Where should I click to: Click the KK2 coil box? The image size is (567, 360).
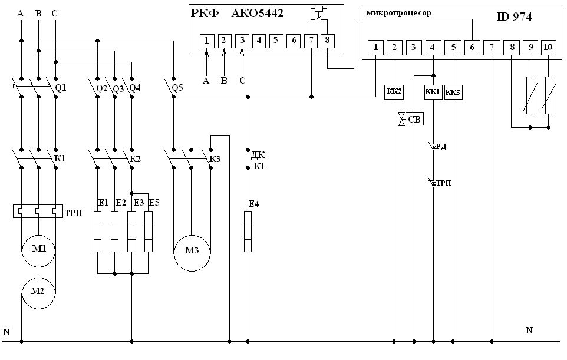[x=394, y=91]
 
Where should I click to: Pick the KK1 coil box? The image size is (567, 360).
[x=433, y=92]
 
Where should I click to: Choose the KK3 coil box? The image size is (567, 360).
[x=453, y=92]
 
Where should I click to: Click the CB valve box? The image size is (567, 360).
[x=414, y=119]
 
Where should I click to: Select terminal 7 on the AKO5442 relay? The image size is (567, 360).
[x=311, y=41]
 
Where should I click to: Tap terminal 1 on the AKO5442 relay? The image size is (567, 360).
[x=207, y=41]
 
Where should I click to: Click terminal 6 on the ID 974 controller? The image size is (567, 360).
[x=472, y=47]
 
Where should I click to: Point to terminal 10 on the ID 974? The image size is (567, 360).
[x=548, y=47]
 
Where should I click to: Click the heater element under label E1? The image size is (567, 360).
[x=97, y=232]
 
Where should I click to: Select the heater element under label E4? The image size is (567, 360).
[x=248, y=232]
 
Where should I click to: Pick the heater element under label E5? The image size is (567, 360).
[x=149, y=232]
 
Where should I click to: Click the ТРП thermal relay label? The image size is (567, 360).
[x=74, y=213]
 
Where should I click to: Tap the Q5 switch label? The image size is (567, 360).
[x=177, y=88]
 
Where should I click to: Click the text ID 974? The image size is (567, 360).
[x=514, y=16]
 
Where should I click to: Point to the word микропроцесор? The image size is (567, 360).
[x=398, y=13]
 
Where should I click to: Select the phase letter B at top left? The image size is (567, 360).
[x=38, y=14]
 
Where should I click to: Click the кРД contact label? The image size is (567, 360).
[x=440, y=146]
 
